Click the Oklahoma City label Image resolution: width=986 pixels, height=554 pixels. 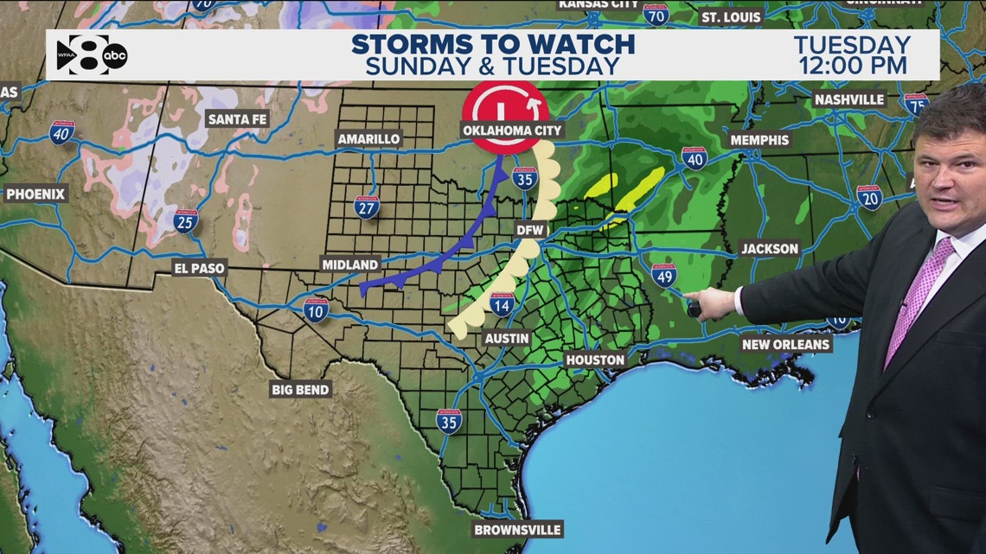click(513, 131)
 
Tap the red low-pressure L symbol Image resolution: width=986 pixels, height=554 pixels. click(504, 107)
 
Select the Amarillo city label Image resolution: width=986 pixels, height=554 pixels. click(368, 139)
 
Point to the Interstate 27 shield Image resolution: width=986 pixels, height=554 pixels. click(367, 207)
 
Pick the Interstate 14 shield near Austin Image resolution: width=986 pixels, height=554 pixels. click(502, 303)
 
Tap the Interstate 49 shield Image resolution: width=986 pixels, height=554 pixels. click(664, 276)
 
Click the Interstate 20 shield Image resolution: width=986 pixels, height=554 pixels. click(868, 197)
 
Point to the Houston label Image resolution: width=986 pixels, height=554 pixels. click(595, 360)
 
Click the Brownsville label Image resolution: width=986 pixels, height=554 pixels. click(517, 530)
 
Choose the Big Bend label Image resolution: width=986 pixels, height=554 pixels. click(300, 390)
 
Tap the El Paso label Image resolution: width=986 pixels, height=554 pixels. click(198, 268)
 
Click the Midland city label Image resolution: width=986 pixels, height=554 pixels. click(349, 264)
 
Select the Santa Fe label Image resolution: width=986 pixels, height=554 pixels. click(237, 119)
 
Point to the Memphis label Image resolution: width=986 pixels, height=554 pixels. click(759, 140)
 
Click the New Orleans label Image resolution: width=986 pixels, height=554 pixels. click(785, 344)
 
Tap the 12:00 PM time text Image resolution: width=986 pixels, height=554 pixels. click(851, 65)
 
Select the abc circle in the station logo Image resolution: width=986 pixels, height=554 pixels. click(115, 56)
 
